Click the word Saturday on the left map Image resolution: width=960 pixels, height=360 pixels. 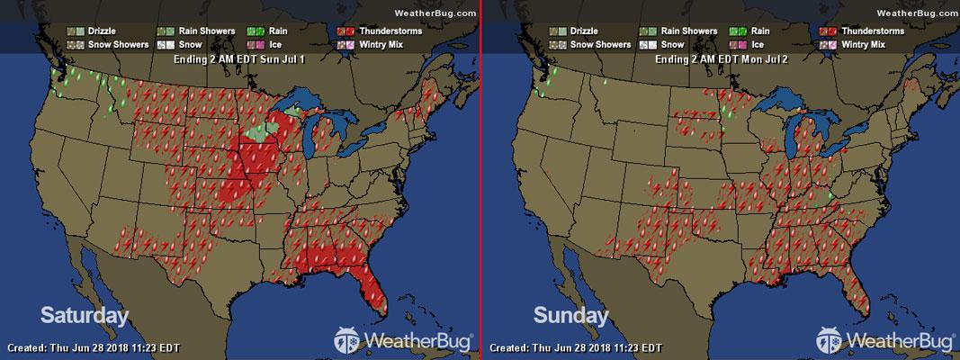(x=84, y=315)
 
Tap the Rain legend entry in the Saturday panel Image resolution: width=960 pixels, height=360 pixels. (x=265, y=31)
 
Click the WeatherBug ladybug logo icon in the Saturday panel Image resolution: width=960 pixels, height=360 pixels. (x=347, y=340)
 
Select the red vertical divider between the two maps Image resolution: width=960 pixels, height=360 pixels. (x=481, y=180)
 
